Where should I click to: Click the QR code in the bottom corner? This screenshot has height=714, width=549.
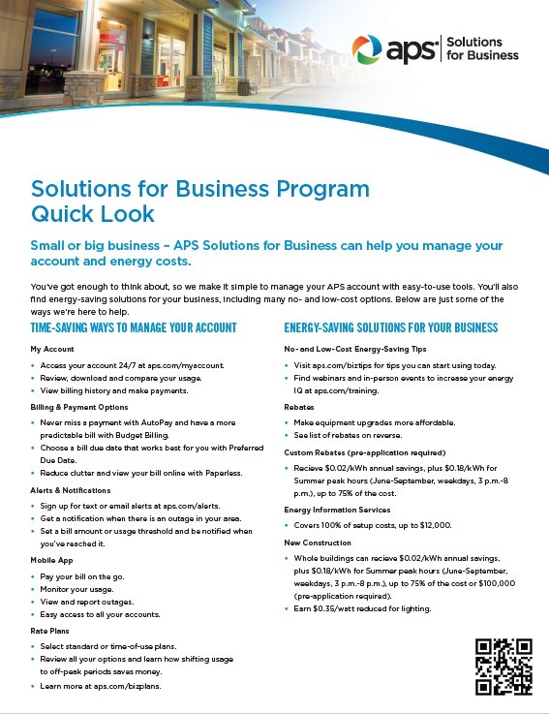pyautogui.click(x=503, y=667)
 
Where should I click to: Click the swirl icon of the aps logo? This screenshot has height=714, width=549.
pyautogui.click(x=367, y=48)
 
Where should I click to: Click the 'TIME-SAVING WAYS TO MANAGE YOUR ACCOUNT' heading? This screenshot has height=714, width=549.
pyautogui.click(x=134, y=328)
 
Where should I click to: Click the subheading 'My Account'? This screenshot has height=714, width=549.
pyautogui.click(x=52, y=349)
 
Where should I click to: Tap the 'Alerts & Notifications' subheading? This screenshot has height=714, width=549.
pyautogui.click(x=71, y=490)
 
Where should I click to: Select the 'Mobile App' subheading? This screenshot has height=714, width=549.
pyautogui.click(x=52, y=561)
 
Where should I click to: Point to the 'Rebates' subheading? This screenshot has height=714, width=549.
pyautogui.click(x=300, y=407)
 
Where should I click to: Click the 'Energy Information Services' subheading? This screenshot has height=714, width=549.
pyautogui.click(x=337, y=510)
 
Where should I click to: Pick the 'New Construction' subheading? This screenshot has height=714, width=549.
pyautogui.click(x=319, y=543)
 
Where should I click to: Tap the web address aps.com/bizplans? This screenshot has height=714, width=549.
pyautogui.click(x=131, y=686)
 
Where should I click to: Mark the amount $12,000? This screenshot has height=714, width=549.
pyautogui.click(x=432, y=525)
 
